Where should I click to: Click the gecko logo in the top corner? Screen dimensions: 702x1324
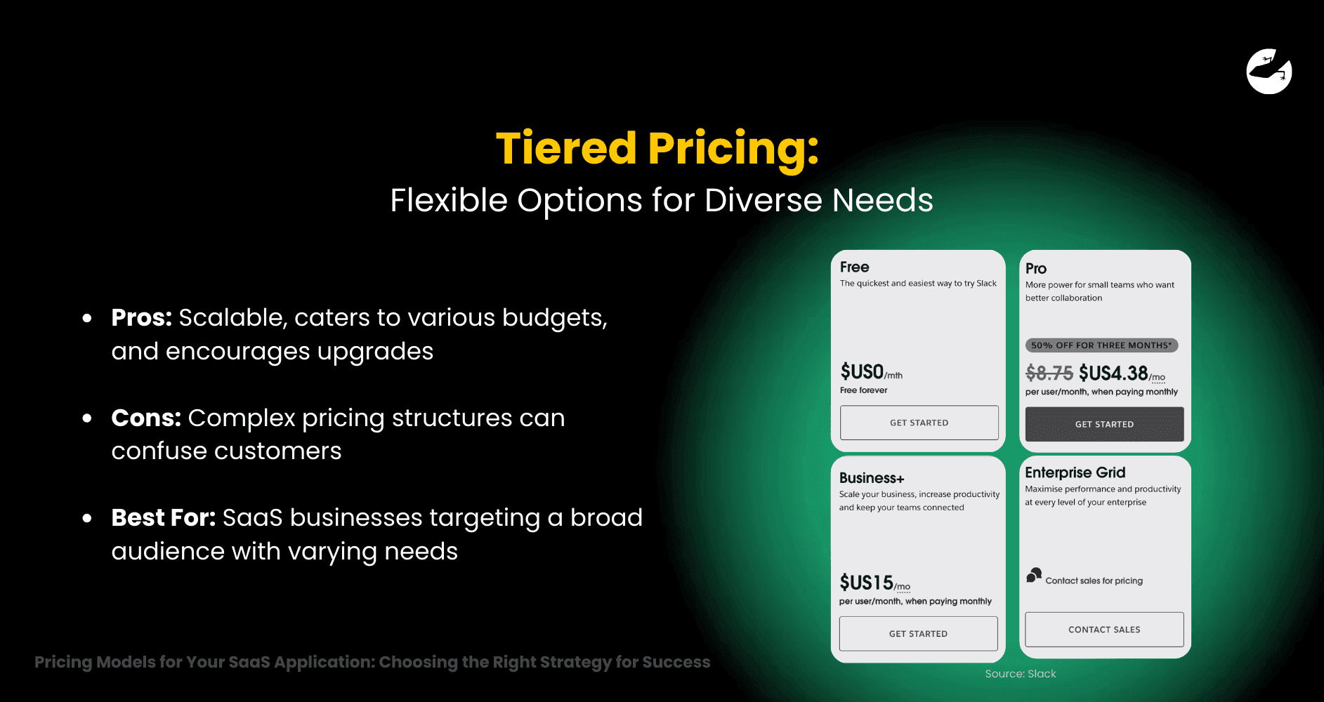(x=1269, y=71)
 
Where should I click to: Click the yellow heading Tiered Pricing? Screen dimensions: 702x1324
(x=657, y=148)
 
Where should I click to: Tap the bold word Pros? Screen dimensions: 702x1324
(x=141, y=317)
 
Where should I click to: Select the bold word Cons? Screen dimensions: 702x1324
(x=146, y=418)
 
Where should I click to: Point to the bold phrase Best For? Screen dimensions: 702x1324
(x=163, y=518)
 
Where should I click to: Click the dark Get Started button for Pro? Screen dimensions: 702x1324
(x=1104, y=424)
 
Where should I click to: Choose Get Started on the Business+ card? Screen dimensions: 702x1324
(x=918, y=633)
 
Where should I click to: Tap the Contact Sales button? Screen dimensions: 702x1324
(x=1104, y=629)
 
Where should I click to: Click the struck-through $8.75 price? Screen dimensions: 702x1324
(x=1049, y=373)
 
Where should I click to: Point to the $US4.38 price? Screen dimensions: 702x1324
(x=1113, y=373)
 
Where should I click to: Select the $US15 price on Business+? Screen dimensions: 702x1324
(x=867, y=583)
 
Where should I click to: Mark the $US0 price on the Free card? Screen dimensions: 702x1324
(x=863, y=371)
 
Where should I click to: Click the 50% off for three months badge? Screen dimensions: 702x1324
(x=1101, y=345)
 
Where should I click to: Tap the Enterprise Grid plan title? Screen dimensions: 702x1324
(x=1075, y=472)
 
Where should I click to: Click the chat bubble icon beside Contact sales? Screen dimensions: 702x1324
(x=1033, y=576)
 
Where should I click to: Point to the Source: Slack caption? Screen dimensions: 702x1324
(x=1020, y=674)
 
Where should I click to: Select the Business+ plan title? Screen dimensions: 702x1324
(x=872, y=478)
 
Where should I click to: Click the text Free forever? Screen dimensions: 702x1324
(x=863, y=390)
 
